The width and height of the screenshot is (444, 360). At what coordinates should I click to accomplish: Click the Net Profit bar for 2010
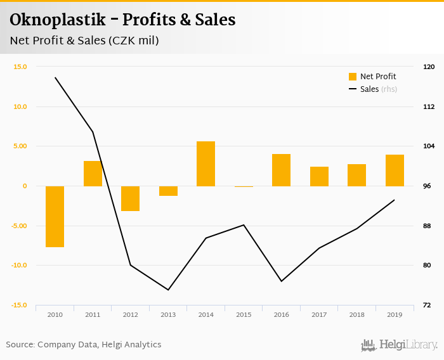(55, 216)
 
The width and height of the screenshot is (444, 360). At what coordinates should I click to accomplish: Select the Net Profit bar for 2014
(206, 164)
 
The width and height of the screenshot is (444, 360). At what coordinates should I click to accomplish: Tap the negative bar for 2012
(130, 198)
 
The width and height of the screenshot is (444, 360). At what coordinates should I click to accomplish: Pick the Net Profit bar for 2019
(395, 170)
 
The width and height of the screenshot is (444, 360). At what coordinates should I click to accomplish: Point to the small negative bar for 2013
(168, 191)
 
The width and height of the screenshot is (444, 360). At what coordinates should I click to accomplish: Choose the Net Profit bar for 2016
(281, 170)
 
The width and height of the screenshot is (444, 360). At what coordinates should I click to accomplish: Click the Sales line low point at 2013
(168, 290)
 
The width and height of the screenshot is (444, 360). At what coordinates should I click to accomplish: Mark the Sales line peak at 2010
(55, 78)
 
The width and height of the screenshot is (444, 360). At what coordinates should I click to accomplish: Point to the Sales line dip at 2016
(281, 281)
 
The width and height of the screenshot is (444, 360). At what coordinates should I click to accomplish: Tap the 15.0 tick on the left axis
(20, 67)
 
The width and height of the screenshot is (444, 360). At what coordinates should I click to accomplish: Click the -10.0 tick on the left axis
(18, 266)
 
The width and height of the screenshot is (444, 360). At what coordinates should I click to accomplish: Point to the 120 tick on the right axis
(429, 67)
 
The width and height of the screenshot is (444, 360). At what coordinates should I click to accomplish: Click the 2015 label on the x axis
(244, 314)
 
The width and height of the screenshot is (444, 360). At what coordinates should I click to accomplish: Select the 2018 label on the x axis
(356, 314)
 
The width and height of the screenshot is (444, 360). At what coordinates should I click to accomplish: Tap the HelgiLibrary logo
(400, 345)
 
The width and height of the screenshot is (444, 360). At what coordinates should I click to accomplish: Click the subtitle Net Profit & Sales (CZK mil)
(84, 41)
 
